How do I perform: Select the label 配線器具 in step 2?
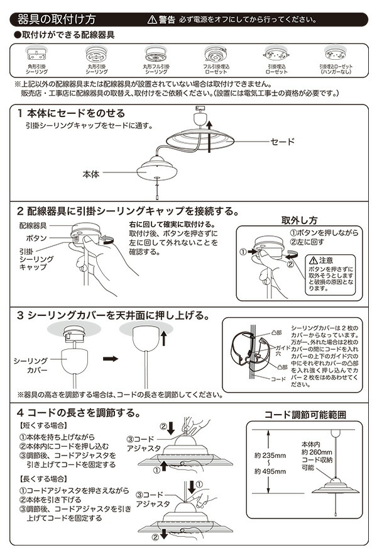(x=34, y=225)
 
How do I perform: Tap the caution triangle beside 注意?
(x=313, y=260)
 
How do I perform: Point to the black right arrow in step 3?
(x=111, y=359)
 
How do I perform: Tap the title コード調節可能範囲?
(x=305, y=415)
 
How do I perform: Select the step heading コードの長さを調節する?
(x=83, y=413)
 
